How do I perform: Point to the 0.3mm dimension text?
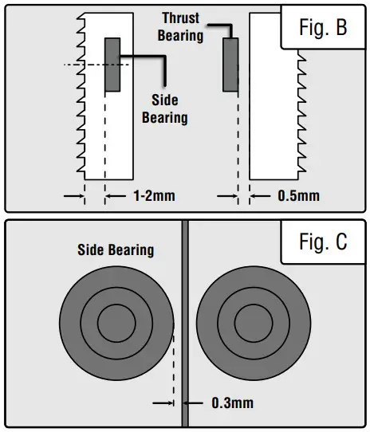[232, 403]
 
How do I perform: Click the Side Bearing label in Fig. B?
[164, 109]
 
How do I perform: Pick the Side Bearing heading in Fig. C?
[116, 249]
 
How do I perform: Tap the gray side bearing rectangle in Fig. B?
[112, 65]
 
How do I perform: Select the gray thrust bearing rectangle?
[230, 66]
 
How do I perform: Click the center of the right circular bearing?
[251, 324]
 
